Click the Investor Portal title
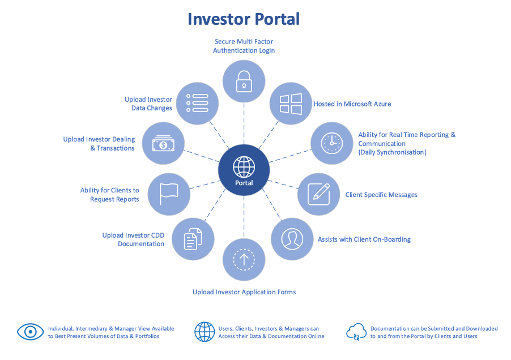coord(244,19)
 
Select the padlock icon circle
coord(244,81)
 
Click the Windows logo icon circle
coord(291,104)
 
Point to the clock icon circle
coord(332,143)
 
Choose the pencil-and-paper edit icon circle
coord(318,194)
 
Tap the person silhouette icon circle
coord(292,239)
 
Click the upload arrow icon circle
coord(244,260)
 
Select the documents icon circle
coord(193,239)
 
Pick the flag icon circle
coord(169,194)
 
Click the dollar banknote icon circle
coord(163,144)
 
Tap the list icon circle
coord(197,104)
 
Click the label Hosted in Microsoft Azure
coord(352,104)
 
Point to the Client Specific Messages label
coord(381,195)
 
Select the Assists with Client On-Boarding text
coord(364,239)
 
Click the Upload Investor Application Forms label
coord(244,292)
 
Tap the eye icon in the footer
coord(31,332)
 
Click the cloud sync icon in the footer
coord(357,332)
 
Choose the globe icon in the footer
coord(205,332)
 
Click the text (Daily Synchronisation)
coord(392,152)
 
